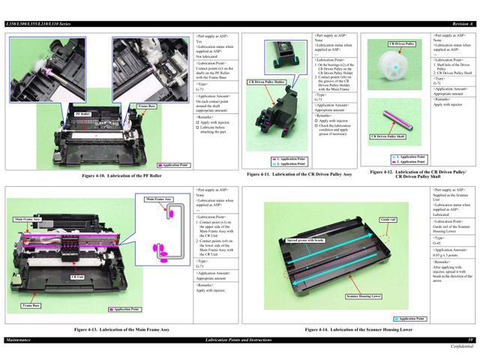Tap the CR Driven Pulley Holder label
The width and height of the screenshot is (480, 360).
coord(267,81)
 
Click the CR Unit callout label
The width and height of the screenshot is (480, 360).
coord(76,277)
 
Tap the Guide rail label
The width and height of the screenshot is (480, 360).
coord(388,219)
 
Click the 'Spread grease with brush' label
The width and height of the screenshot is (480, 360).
coord(306,240)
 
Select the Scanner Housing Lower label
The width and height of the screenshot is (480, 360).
coord(364,296)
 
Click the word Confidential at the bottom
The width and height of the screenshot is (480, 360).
coord(461,347)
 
